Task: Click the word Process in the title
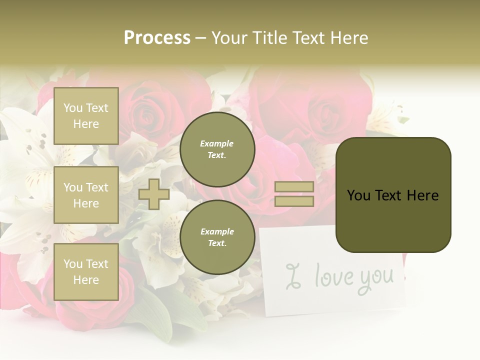click(157, 38)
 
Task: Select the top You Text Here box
click(86, 116)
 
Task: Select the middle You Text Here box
click(86, 195)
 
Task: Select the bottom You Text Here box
click(86, 271)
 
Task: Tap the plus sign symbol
click(153, 194)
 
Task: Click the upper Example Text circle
click(217, 149)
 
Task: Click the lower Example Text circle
click(217, 237)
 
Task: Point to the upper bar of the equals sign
click(294, 187)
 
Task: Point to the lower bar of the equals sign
click(294, 201)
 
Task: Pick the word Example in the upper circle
click(217, 143)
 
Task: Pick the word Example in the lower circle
click(217, 231)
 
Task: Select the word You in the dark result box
click(358, 195)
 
